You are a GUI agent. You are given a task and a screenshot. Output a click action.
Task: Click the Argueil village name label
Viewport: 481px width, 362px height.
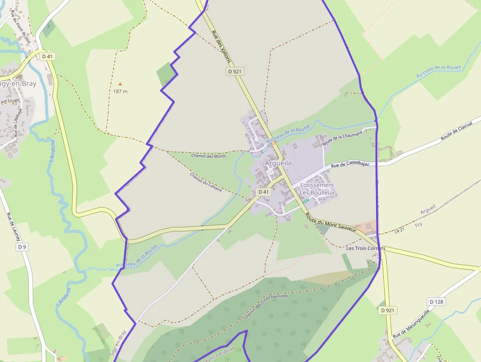tap(276, 163)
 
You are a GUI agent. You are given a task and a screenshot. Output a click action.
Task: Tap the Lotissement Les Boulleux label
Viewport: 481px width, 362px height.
tap(317, 189)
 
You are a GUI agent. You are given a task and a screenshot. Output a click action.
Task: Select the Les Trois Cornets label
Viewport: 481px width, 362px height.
tap(366, 249)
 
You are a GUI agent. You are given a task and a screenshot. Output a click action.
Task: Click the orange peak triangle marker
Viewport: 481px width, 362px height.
tap(120, 84)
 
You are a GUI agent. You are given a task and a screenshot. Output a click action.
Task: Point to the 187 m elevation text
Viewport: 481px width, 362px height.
tap(120, 91)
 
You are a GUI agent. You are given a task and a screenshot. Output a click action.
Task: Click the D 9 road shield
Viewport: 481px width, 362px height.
tap(22, 247)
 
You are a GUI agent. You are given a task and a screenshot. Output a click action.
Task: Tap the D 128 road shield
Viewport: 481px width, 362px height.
tap(436, 302)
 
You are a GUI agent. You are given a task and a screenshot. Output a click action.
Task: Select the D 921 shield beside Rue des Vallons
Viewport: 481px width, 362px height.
tap(236, 71)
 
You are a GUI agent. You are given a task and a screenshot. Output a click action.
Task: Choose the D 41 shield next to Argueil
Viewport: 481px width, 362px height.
tap(263, 192)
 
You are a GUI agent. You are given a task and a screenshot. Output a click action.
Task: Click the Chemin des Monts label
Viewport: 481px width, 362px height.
tap(209, 156)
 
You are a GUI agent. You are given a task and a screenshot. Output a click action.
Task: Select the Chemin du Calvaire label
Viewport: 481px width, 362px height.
tap(206, 182)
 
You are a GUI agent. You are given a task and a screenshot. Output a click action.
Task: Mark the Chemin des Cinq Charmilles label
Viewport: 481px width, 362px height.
tap(266, 306)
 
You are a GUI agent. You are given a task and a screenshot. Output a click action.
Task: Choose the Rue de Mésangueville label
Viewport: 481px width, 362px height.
tap(411, 323)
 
